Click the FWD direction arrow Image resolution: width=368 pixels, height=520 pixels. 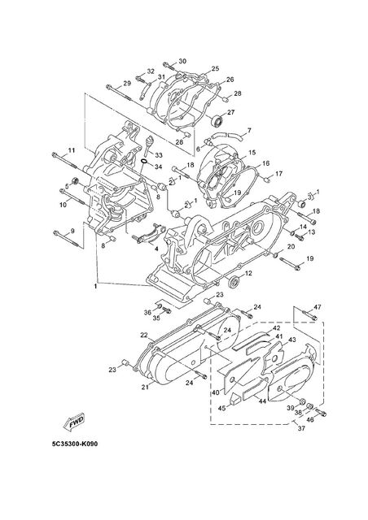(x=74, y=422)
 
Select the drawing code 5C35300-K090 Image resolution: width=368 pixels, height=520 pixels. (x=75, y=444)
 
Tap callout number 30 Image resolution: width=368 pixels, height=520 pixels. (x=182, y=61)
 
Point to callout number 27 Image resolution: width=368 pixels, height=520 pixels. (x=230, y=112)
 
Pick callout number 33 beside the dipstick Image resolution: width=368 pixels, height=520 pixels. (x=159, y=155)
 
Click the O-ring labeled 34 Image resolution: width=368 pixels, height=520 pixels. (x=144, y=162)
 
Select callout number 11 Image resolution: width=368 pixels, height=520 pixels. (x=72, y=150)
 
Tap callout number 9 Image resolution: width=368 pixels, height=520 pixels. (x=72, y=231)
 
